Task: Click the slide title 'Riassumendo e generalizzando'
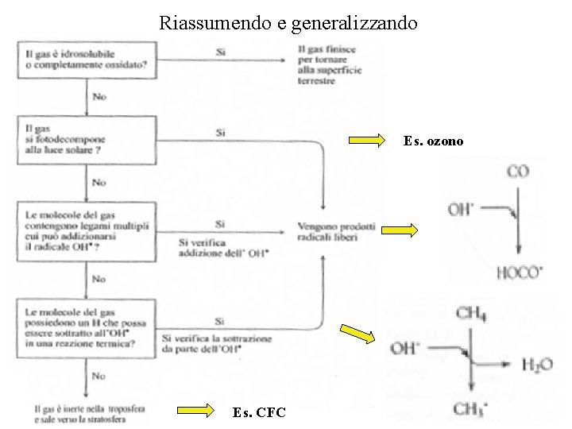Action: pos(288,22)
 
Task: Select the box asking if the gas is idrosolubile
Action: pos(86,60)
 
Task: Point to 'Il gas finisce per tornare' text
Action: pos(329,64)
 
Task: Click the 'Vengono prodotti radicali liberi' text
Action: pos(337,231)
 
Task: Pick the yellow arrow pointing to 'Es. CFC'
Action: pos(195,411)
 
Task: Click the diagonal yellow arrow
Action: pos(357,334)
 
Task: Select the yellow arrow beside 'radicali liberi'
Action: pos(399,231)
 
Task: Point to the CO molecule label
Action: pos(518,172)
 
